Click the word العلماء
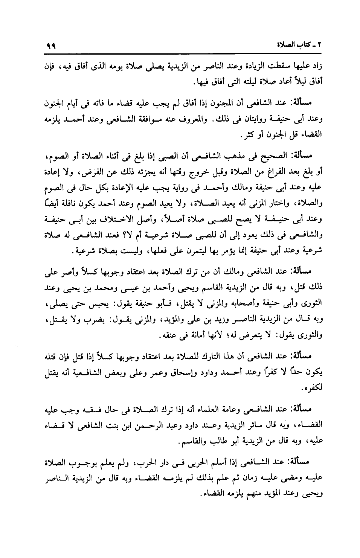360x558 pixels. tap(221, 409)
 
